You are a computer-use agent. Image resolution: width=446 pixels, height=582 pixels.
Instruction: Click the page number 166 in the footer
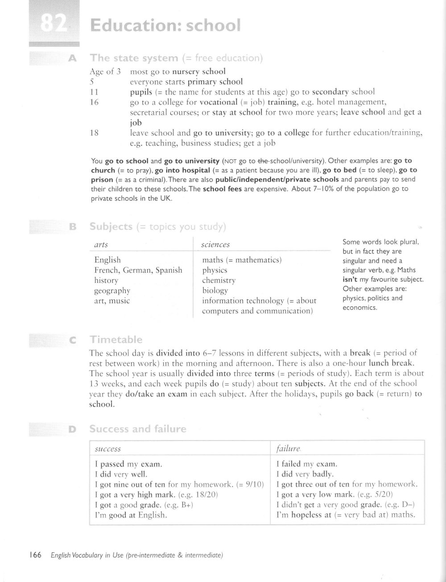(35, 555)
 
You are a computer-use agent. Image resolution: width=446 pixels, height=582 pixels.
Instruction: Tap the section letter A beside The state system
(70, 58)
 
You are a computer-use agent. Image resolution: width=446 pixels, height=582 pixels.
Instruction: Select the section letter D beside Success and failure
(72, 429)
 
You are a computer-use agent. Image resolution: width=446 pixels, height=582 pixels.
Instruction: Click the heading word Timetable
(116, 340)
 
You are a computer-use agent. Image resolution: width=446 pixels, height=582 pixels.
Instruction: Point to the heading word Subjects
(111, 226)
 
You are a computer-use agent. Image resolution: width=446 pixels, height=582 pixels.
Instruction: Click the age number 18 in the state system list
(94, 133)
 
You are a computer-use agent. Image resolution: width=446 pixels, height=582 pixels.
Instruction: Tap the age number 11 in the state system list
(94, 92)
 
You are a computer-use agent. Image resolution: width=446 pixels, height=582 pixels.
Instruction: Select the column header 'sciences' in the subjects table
(215, 245)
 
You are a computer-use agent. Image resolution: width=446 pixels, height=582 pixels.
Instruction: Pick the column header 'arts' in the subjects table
(101, 245)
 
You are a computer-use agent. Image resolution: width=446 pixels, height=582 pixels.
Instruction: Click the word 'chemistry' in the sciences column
(219, 280)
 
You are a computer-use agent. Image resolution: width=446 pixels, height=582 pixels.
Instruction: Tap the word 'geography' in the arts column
(112, 291)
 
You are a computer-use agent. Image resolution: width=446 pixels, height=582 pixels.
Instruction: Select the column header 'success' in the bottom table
(108, 449)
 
